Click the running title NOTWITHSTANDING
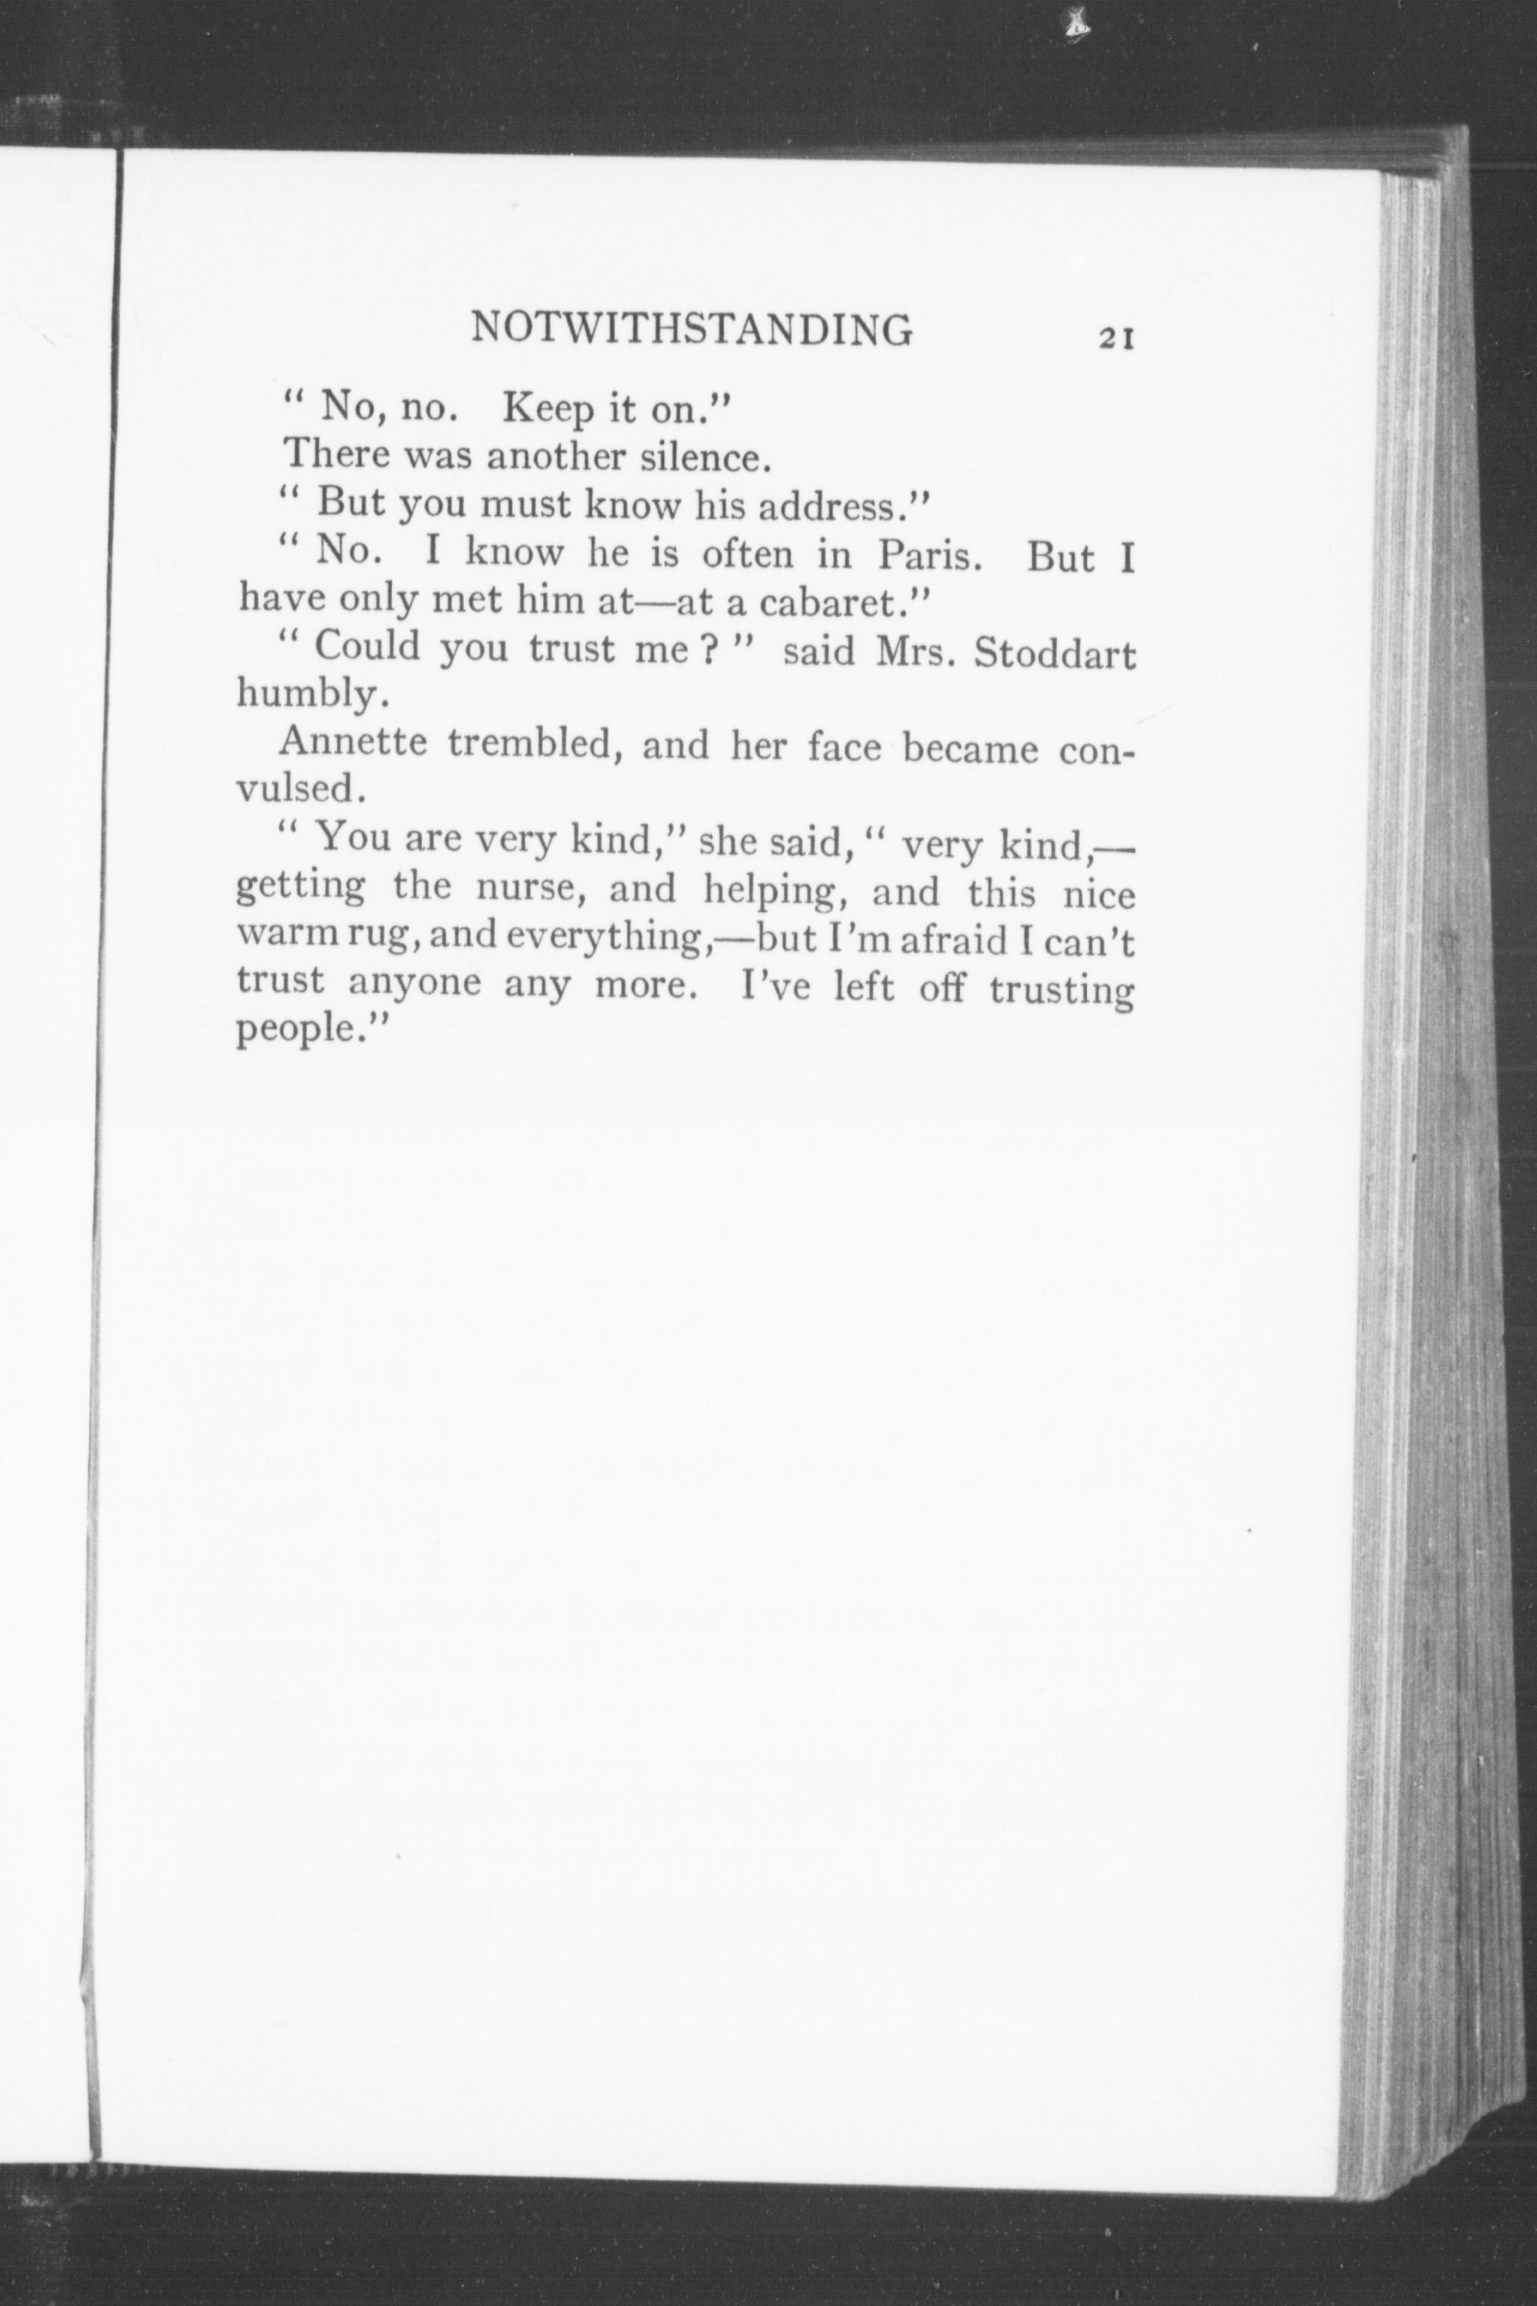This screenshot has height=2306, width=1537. coord(691,330)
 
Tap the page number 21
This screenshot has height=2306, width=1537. coord(1117,339)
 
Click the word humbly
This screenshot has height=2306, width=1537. coord(305,695)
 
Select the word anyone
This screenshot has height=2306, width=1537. coord(415,984)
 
